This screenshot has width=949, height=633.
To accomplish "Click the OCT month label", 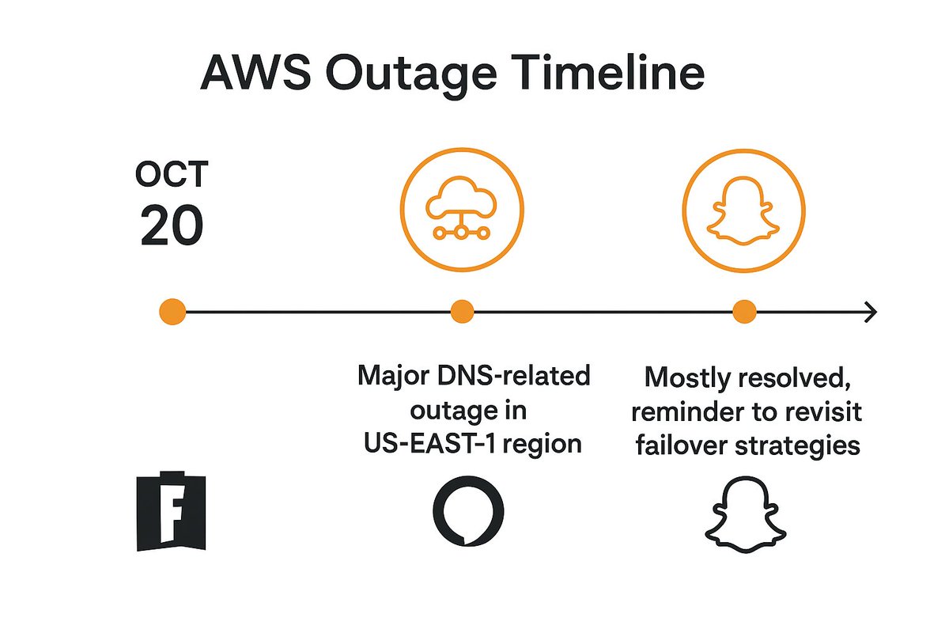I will click(171, 176).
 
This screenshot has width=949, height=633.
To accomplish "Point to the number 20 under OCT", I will click(172, 227).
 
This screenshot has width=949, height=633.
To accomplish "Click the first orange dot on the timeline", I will click(172, 313).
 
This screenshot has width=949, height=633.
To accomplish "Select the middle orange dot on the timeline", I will click(462, 313).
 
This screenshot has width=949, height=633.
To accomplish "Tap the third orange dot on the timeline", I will click(744, 313).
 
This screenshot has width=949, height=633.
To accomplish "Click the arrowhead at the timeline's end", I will click(870, 313).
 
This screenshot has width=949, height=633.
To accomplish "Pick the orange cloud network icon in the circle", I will click(462, 207).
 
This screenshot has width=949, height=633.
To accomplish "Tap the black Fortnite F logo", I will click(172, 512).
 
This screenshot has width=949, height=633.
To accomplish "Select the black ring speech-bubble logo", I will click(467, 511).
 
